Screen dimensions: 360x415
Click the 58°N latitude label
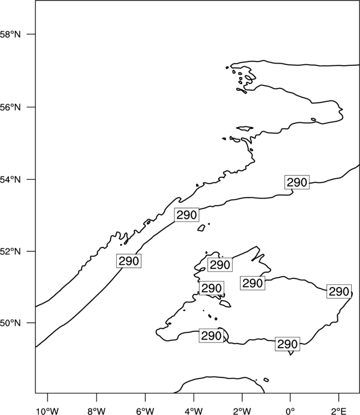tap(10, 34)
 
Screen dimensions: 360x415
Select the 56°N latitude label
tap(10, 107)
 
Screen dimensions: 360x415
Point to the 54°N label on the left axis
tap(10, 179)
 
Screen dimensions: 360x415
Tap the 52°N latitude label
tap(10, 251)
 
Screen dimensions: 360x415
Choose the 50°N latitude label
tap(10, 323)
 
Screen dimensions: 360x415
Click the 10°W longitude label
tap(48, 411)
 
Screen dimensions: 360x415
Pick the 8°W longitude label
tap(96, 411)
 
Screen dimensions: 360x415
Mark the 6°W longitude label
tap(145, 411)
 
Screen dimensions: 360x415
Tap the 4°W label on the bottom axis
tap(194, 411)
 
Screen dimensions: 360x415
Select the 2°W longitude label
tap(242, 411)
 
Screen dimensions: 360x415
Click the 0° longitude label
tap(290, 411)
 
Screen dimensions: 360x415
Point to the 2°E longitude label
tap(339, 411)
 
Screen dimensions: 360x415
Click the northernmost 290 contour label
tap(297, 182)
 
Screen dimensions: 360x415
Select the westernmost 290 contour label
tap(128, 261)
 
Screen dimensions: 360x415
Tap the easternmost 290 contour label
tap(339, 292)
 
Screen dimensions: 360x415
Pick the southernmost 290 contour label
tap(287, 344)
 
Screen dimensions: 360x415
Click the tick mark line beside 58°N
tap(31, 34)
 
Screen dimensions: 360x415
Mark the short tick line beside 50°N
tap(31, 323)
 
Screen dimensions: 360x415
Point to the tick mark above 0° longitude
tap(290, 397)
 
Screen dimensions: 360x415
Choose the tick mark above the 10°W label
tap(48, 397)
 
